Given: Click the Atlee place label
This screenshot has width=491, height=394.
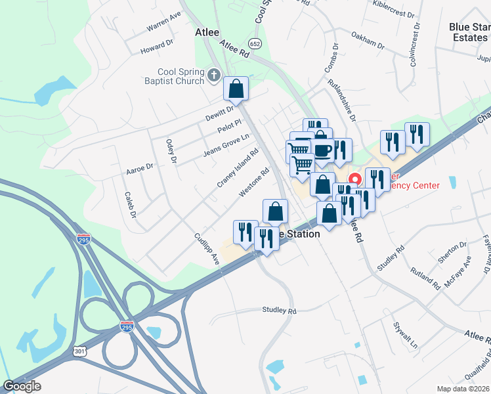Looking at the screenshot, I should pyautogui.click(x=207, y=32).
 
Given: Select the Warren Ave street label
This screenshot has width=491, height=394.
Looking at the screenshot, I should pyautogui.click(x=163, y=22).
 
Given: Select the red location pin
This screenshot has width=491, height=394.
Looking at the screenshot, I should pyautogui.click(x=354, y=179).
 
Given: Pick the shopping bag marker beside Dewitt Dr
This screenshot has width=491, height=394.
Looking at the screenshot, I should pyautogui.click(x=236, y=88).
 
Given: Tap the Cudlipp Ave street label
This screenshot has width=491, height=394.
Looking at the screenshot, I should pyautogui.click(x=206, y=249).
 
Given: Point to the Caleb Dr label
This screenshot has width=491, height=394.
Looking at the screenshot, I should pyautogui.click(x=130, y=205).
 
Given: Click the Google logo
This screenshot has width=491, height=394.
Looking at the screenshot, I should pyautogui.click(x=22, y=386).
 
